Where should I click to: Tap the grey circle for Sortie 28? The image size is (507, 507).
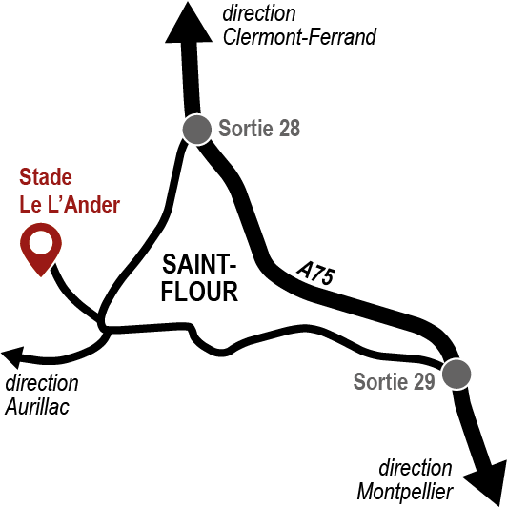pos(197,129)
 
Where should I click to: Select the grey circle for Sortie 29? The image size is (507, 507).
pos(456,374)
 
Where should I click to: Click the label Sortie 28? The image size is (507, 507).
pos(259,129)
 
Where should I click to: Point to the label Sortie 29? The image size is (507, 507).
pos(395,382)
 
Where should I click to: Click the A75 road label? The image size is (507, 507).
pos(315,274)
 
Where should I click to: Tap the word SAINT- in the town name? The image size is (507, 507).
pos(199,265)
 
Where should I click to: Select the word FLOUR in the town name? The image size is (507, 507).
pos(199,292)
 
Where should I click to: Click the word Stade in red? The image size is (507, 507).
pos(46,177)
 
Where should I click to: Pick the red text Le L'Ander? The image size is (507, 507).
pos(70,204)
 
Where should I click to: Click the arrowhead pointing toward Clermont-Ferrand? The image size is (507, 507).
pos(189,23)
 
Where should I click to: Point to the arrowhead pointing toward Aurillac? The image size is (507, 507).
pos(13,357)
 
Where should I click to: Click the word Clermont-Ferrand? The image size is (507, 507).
pos(299,37)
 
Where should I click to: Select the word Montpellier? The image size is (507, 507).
pos(405,492)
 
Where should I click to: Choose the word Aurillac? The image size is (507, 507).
pos(37,406)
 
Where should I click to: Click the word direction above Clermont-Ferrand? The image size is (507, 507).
pos(259,13)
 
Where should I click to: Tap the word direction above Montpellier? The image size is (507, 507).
pos(416,468)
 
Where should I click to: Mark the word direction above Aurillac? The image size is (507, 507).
pos(42,383)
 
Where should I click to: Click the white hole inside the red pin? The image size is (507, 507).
pos(41,242)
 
